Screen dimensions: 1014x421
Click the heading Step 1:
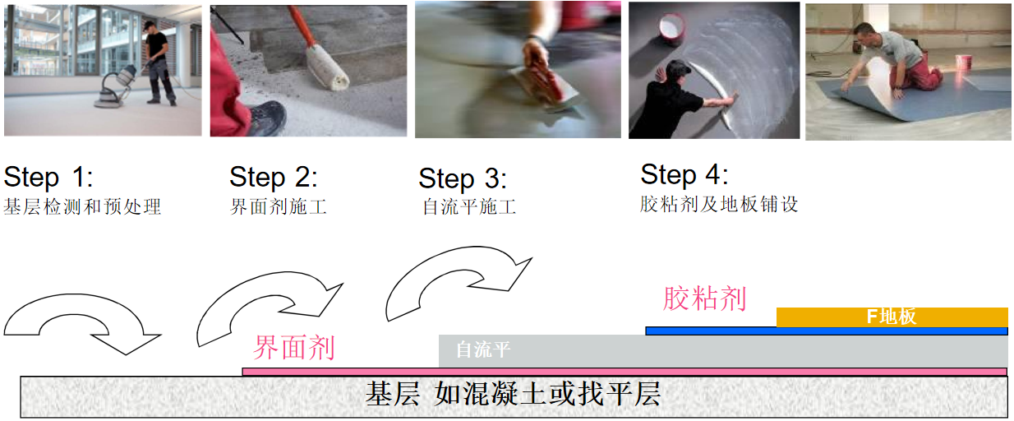[48, 177]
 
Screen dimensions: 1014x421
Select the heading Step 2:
[274, 177]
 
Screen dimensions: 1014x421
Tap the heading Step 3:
[463, 179]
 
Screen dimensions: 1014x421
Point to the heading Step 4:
[684, 175]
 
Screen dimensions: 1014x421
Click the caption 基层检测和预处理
[82, 206]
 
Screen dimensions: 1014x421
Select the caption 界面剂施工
[278, 206]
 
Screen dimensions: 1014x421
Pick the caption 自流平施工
[469, 206]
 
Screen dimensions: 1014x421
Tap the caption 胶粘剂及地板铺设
[719, 205]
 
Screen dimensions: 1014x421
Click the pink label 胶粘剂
[704, 298]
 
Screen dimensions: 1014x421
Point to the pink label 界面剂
[294, 348]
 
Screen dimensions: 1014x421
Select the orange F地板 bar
[892, 317]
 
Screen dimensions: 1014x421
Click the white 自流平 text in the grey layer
[483, 349]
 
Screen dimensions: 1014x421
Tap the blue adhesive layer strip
[826, 331]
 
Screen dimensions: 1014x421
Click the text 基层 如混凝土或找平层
[513, 394]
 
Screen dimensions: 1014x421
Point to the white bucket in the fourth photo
[671, 29]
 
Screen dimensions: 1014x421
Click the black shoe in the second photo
[266, 118]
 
